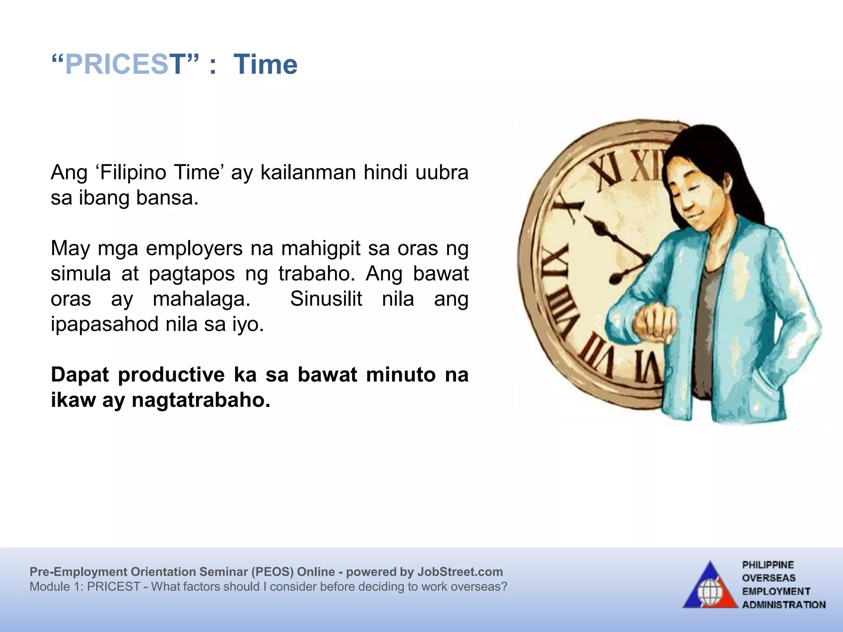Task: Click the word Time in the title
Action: tap(265, 65)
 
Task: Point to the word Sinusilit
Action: tap(326, 299)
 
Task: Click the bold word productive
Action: tap(171, 374)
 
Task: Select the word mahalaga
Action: tap(202, 299)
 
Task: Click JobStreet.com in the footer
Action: tap(460, 572)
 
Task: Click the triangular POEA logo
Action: tap(710, 586)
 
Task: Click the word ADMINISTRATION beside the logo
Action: tap(784, 604)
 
